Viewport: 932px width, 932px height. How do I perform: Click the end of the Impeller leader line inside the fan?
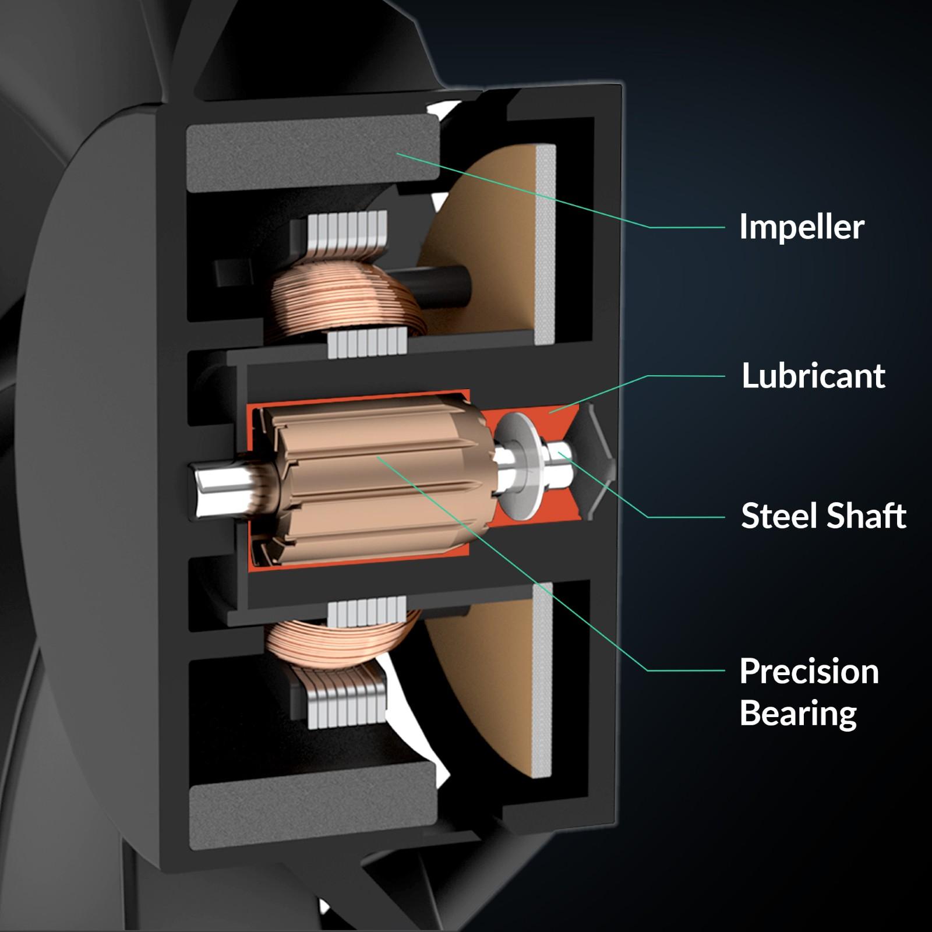397,154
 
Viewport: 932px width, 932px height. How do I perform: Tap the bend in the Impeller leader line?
649,227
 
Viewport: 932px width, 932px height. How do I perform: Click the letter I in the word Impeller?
744,226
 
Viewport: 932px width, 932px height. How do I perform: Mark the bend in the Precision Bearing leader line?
648,670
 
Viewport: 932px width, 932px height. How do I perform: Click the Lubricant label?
813,376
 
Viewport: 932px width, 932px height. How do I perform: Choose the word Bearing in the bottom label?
798,714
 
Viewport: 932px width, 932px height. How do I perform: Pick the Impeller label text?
802,227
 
